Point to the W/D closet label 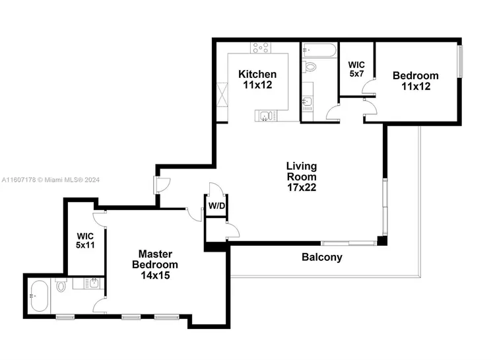tap(217, 206)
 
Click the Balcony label tap(322, 257)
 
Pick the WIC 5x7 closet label tap(356, 69)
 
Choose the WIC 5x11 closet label tap(85, 240)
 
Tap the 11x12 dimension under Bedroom tap(416, 87)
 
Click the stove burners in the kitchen tap(261, 48)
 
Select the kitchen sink tap(265, 116)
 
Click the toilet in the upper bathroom tap(310, 67)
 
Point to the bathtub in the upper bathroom tap(319, 50)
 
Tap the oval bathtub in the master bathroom tap(40, 297)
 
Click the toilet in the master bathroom tap(61, 285)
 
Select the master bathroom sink tap(94, 283)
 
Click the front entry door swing tap(162, 185)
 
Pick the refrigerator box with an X tap(222, 95)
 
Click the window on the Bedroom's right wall tap(460, 61)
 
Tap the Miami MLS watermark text tap(51, 180)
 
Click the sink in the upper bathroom tap(307, 102)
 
